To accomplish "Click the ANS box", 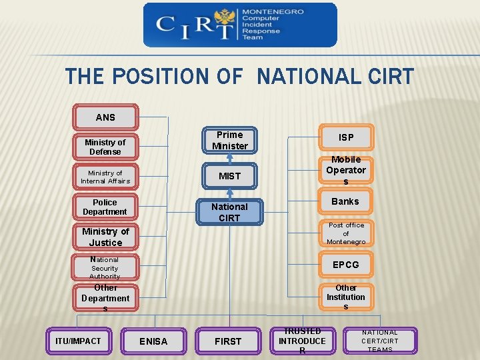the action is pos(105,117).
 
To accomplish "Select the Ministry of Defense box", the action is pos(105,147).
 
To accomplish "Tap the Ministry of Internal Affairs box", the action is pos(105,177).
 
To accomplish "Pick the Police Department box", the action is pos(105,207).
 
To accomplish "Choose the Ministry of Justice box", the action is pos(105,237).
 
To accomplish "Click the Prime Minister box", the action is pos(229,141).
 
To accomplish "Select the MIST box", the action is pos(229,176).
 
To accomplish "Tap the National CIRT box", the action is pos(229,212).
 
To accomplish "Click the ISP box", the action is pos(346,137).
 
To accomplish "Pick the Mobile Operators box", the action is pos(346,171).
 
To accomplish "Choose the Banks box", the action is pos(346,201).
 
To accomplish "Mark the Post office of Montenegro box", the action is pos(346,233).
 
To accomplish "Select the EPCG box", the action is pos(346,265).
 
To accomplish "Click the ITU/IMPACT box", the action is pos(78,341).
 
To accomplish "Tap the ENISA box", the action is pos(153,341).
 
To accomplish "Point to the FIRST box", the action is pos(228,341).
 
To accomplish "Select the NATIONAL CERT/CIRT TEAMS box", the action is pos(380,341).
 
